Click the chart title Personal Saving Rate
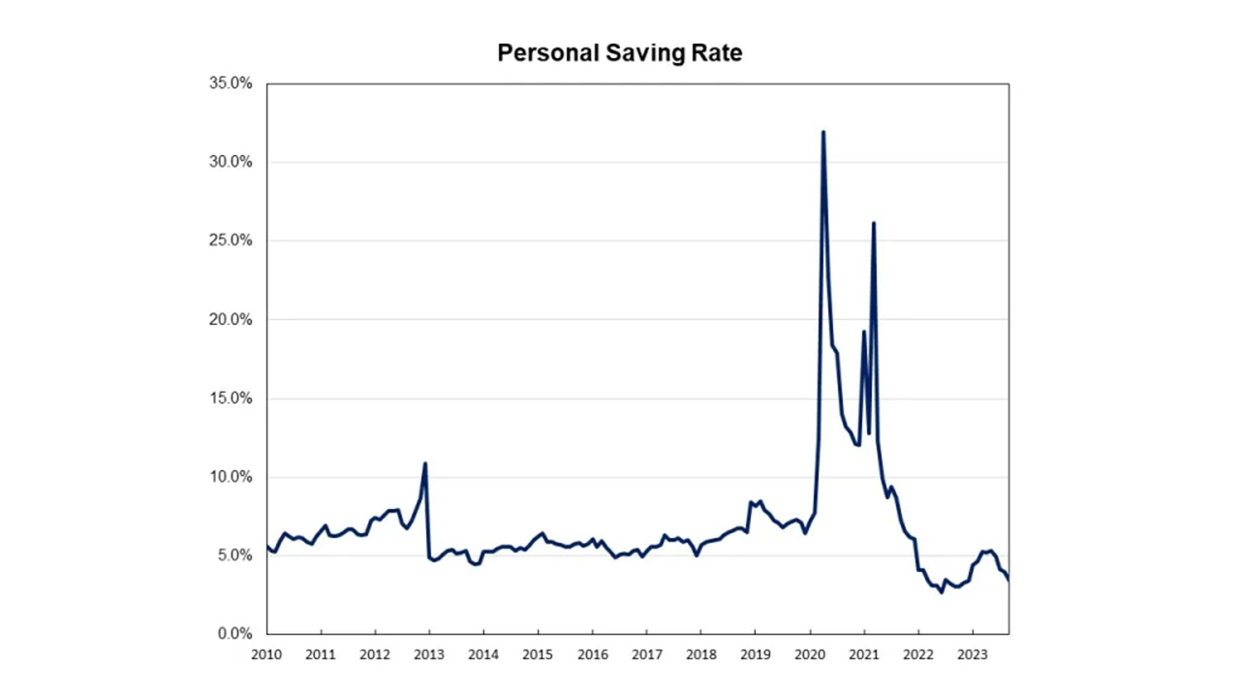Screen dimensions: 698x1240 pos(620,52)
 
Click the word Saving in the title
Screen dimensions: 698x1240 pos(642,53)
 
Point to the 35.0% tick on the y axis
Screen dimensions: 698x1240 pos(231,83)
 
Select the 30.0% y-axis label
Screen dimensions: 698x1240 pos(231,162)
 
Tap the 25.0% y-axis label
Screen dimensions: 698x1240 pos(231,240)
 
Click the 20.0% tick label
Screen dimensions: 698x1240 pos(231,320)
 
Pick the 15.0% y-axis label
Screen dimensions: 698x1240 pos(231,398)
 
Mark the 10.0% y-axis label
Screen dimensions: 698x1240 pos(231,477)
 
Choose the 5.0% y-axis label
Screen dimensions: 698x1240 pos(234,555)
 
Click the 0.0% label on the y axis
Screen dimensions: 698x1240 pos(234,634)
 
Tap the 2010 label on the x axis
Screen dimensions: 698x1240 pos(266,654)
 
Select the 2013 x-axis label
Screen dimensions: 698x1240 pos(429,654)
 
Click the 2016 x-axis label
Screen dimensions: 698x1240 pos(592,654)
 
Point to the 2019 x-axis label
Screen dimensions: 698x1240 pos(755,654)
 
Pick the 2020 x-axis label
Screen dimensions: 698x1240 pos(809,654)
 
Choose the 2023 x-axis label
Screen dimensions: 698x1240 pos(972,654)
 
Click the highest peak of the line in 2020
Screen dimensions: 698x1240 pos(823,132)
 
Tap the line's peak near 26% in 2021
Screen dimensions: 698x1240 pos(874,223)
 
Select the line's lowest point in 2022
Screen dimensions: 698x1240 pos(941,592)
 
